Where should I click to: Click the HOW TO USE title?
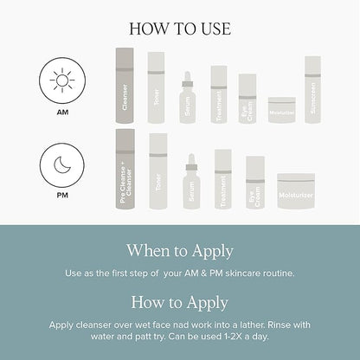tap(180, 28)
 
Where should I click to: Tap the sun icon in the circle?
tap(62, 81)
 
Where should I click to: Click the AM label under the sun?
tap(62, 111)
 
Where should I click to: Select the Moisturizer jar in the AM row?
tap(281, 112)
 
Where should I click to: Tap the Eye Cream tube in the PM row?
tap(254, 184)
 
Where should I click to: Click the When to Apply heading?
tap(180, 251)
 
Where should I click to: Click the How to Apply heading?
tap(180, 302)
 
